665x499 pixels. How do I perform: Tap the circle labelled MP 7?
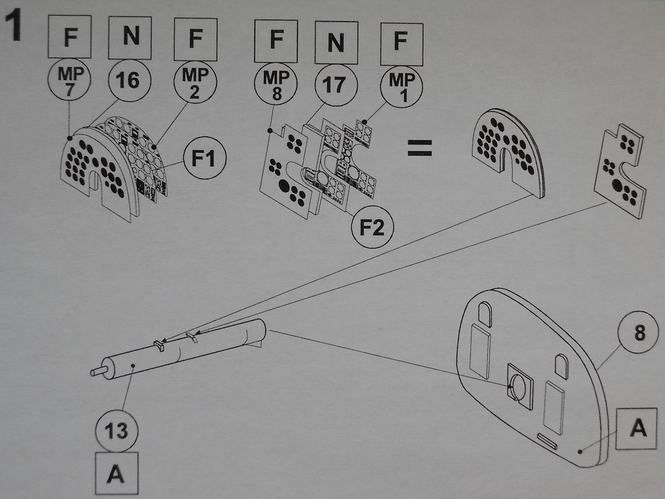click(x=70, y=82)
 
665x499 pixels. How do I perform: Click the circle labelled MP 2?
click(x=195, y=82)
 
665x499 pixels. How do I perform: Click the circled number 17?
click(x=334, y=84)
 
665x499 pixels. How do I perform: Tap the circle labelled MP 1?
click(x=401, y=84)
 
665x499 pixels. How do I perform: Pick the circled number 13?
click(x=116, y=430)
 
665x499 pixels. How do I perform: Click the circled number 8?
click(x=639, y=332)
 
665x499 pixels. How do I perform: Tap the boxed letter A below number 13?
click(x=116, y=474)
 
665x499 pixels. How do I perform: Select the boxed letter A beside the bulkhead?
click(x=639, y=429)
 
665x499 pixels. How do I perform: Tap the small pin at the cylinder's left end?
click(x=98, y=371)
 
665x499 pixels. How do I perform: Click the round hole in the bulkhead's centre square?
click(x=518, y=387)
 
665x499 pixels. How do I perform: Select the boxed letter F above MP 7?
click(x=69, y=37)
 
